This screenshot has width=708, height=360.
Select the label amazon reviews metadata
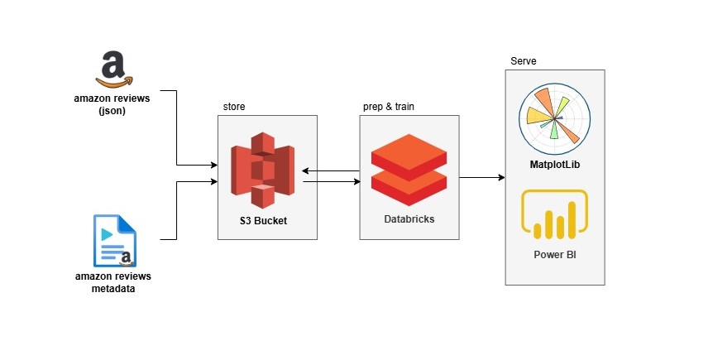coord(112,281)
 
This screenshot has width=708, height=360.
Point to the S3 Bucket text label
coord(266,221)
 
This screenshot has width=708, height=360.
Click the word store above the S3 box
coord(234,108)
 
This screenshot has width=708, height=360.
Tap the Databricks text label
coord(409,219)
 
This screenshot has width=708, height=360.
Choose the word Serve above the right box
coord(524,62)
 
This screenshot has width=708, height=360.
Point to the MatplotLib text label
coord(554,166)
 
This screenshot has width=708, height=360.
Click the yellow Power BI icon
coord(554,218)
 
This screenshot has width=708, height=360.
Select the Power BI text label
coord(554,253)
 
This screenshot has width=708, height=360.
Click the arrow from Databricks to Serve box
coord(482,177)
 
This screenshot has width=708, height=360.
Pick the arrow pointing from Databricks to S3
coord(331,171)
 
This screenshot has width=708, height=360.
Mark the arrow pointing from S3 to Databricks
coord(331,182)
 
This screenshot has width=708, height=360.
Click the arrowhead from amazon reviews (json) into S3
coord(213,165)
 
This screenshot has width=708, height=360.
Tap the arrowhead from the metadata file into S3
coord(213,182)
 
